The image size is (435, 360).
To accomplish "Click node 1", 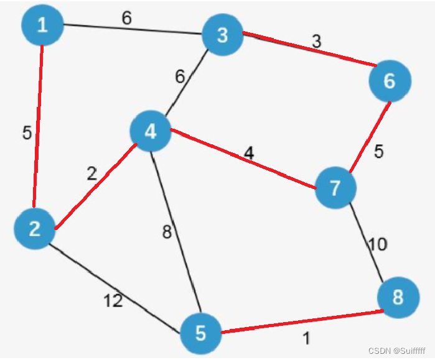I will (x=42, y=25).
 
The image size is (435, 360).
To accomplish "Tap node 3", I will (x=222, y=35).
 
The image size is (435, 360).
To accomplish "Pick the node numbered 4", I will (x=151, y=131).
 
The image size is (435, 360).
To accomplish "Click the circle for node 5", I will (x=200, y=333).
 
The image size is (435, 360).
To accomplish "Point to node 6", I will (x=390, y=81).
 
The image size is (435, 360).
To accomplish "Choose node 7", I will (x=336, y=188).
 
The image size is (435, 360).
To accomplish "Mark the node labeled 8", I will (x=397, y=297).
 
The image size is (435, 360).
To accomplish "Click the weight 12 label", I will (x=113, y=302).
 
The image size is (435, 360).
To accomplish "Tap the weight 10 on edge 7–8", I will (x=377, y=244).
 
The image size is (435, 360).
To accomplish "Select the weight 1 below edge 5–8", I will (x=306, y=339).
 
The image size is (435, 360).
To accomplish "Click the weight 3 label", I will (x=316, y=42).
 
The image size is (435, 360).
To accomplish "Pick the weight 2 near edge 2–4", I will (x=91, y=174).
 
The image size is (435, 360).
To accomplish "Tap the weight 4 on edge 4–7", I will (x=249, y=152).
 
